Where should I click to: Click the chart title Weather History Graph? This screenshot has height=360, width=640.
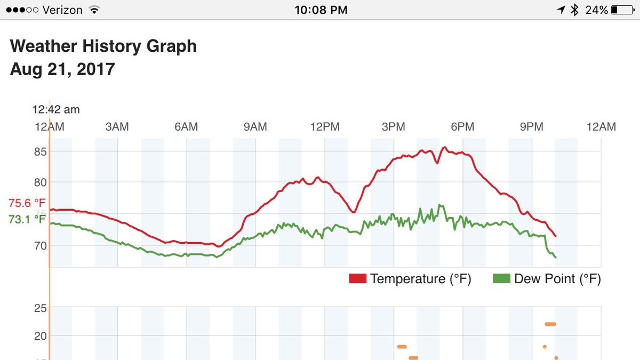(x=103, y=46)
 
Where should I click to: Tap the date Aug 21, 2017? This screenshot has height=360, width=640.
(x=62, y=69)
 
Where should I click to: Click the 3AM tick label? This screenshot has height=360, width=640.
(x=117, y=127)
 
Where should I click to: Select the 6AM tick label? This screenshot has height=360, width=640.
(x=186, y=127)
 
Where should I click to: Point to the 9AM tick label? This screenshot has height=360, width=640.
(x=255, y=127)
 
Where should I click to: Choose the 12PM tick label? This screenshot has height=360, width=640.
(x=324, y=127)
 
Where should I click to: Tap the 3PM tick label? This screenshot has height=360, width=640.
(x=393, y=127)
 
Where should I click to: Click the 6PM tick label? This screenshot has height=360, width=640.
(x=462, y=127)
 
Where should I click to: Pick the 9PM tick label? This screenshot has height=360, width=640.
(x=531, y=127)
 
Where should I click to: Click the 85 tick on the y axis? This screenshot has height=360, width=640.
(x=41, y=152)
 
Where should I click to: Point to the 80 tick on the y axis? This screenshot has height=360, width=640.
(x=41, y=182)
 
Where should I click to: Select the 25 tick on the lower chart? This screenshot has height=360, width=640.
(x=41, y=308)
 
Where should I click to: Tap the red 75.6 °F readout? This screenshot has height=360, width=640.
(x=27, y=203)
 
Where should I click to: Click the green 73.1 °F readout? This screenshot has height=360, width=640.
(x=27, y=219)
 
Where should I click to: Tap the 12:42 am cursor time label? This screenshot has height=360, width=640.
(x=56, y=110)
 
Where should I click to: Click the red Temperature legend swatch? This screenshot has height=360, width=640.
(x=357, y=279)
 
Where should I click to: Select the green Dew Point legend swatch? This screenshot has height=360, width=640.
(x=501, y=279)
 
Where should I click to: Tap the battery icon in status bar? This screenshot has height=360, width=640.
(x=622, y=10)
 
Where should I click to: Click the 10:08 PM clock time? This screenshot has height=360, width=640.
(x=321, y=10)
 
